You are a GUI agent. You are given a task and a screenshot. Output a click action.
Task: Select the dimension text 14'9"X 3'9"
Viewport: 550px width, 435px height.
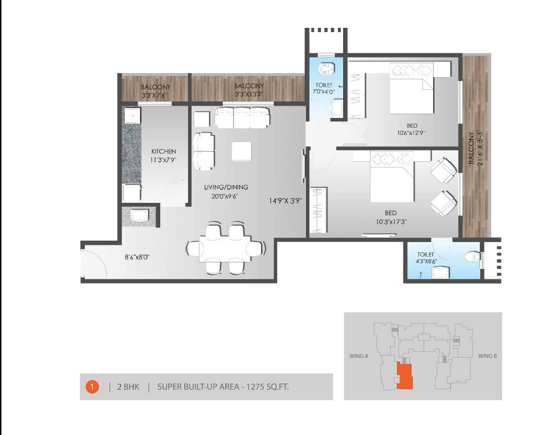tap(285, 201)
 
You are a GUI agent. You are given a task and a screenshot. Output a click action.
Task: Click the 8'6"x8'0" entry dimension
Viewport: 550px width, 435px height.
tap(137, 257)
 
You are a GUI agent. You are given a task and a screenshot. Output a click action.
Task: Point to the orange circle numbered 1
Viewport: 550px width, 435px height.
tap(92, 387)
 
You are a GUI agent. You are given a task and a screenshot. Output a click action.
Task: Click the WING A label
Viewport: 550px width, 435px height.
tap(359, 356)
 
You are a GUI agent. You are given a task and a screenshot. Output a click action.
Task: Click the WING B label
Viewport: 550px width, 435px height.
tap(487, 356)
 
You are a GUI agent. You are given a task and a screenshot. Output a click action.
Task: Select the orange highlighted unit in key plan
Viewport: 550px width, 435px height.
tap(404, 376)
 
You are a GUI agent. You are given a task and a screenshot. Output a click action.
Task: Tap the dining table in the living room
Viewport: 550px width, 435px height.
tap(225, 248)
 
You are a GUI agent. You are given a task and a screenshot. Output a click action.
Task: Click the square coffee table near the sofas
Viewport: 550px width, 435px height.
tap(241, 151)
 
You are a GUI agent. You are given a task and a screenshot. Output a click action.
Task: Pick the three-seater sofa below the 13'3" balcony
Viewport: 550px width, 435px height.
tap(242, 117)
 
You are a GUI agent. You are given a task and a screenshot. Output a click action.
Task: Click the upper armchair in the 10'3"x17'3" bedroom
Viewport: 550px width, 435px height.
tap(443, 170)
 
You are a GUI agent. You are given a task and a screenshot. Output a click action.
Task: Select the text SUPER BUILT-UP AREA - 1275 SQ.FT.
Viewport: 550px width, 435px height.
tap(223, 387)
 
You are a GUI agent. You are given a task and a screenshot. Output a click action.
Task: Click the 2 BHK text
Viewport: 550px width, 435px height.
tap(128, 387)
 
